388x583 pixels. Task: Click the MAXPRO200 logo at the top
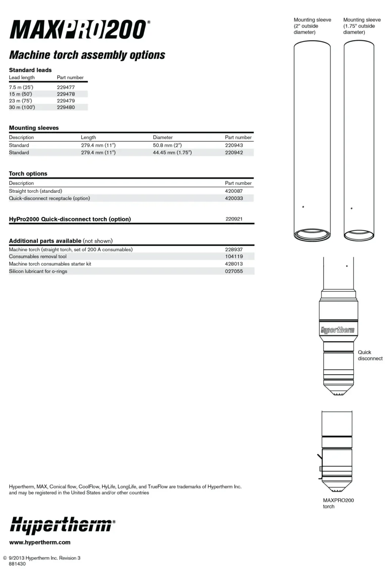click(x=79, y=30)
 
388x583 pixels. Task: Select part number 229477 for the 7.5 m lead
click(x=66, y=87)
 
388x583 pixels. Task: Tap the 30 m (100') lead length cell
click(x=22, y=107)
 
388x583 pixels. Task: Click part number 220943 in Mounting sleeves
click(x=234, y=145)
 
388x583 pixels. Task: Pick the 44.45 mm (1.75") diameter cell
click(x=172, y=153)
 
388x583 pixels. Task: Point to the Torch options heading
click(x=28, y=173)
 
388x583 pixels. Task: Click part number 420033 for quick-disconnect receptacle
click(x=234, y=198)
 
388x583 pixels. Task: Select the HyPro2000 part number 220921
click(x=234, y=219)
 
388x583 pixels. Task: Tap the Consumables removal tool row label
click(x=38, y=257)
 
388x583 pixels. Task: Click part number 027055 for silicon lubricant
click(x=234, y=271)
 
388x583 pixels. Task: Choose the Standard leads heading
click(x=30, y=70)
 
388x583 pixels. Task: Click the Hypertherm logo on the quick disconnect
click(x=338, y=330)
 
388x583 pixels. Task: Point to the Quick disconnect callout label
click(x=370, y=355)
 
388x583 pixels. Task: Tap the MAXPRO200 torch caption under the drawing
click(x=338, y=503)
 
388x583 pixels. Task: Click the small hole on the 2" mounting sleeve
click(x=303, y=207)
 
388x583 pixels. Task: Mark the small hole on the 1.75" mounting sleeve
click(x=352, y=208)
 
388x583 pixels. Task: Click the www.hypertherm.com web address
click(x=40, y=542)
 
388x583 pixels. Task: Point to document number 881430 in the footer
click(x=17, y=564)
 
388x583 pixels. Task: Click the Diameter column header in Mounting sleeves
click(x=163, y=137)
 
